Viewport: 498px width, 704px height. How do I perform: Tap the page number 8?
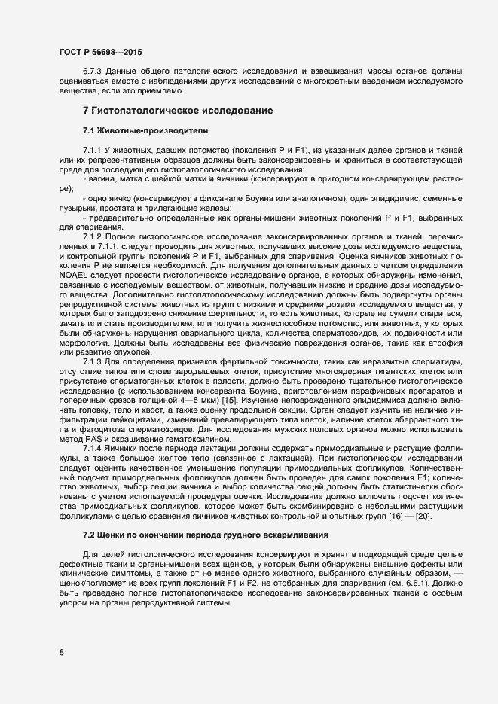[61, 652]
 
